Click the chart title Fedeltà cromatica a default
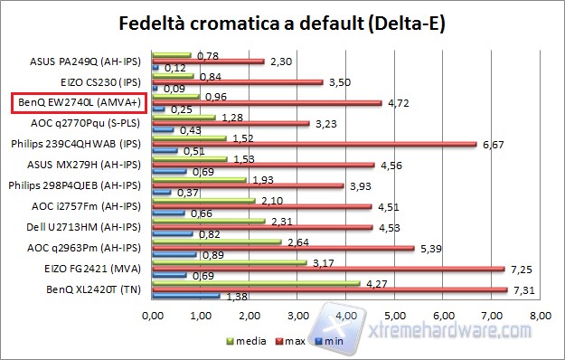(x=282, y=22)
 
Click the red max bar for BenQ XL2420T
(x=331, y=289)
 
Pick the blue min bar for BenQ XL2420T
(x=186, y=296)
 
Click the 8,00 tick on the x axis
(x=540, y=317)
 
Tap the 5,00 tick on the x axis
(x=395, y=317)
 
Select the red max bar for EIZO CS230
(x=239, y=81)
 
